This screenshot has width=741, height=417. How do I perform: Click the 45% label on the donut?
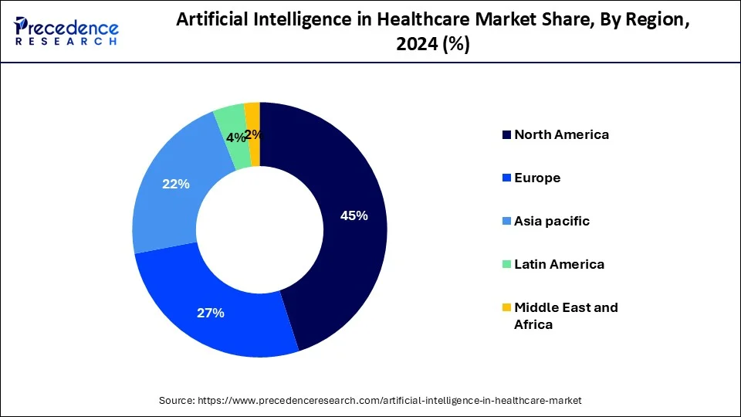point(354,216)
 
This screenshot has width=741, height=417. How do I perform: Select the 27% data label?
point(210,313)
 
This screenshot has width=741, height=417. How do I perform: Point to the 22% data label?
point(175,185)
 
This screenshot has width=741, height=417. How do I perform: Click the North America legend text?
point(561,134)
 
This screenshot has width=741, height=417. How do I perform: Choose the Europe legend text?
point(537,178)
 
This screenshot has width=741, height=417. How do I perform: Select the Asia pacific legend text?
point(551,221)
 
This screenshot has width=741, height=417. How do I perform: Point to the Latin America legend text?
point(559,264)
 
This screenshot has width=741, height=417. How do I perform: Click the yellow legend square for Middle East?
point(506,307)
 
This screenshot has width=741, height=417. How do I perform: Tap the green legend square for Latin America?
point(506,264)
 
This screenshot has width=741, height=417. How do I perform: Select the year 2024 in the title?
point(415,46)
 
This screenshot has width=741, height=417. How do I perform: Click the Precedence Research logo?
point(66,31)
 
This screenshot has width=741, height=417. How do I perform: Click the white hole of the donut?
point(260,230)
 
